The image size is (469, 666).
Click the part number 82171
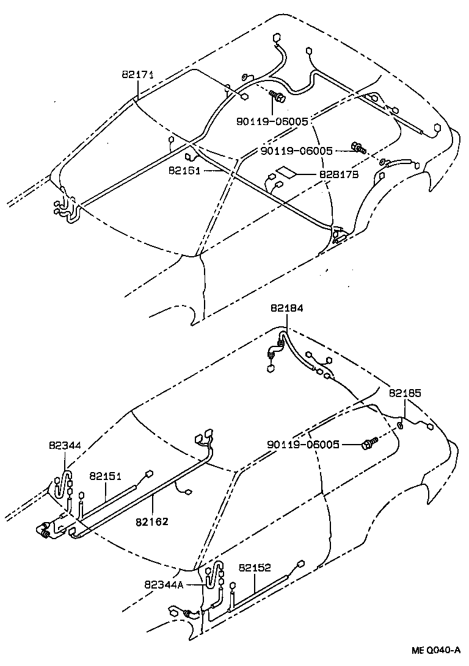pyautogui.click(x=137, y=75)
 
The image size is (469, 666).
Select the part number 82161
pyautogui.click(x=184, y=170)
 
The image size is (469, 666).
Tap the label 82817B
pyautogui.click(x=338, y=174)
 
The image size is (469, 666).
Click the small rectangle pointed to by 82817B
pyautogui.click(x=288, y=173)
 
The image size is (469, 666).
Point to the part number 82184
pyautogui.click(x=286, y=309)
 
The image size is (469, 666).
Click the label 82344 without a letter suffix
pyautogui.click(x=65, y=446)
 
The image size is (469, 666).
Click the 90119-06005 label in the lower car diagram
pyautogui.click(x=303, y=445)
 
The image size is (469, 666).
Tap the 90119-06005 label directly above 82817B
pyautogui.click(x=296, y=151)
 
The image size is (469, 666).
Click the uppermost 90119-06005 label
pyautogui.click(x=272, y=121)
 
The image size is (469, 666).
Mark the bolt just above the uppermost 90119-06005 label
pyautogui.click(x=277, y=96)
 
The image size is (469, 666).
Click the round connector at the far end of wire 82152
pyautogui.click(x=300, y=564)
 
